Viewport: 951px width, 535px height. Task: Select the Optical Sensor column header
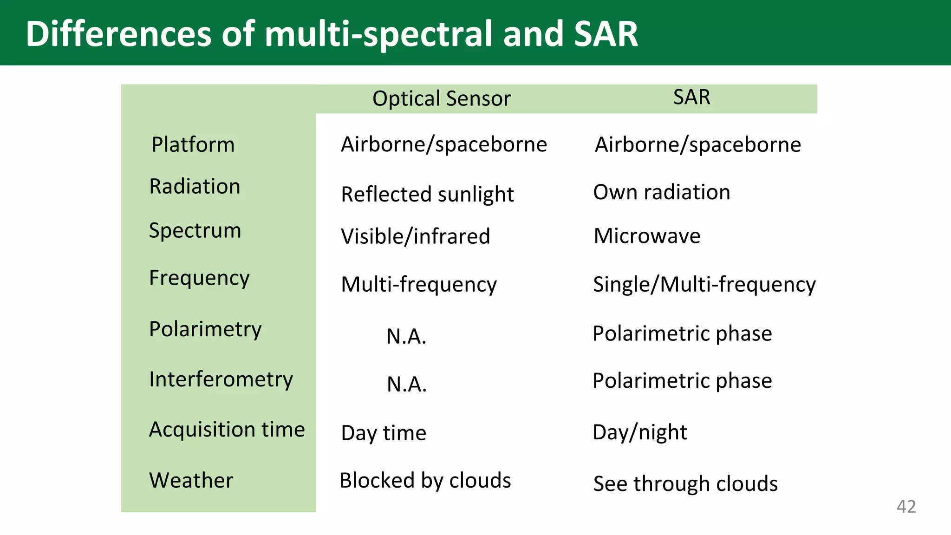[x=441, y=98]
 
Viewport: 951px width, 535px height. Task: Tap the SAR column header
[x=691, y=97]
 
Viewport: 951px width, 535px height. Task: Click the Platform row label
[x=193, y=144]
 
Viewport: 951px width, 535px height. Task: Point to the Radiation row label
[x=195, y=186]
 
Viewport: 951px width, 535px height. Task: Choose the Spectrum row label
[x=195, y=230]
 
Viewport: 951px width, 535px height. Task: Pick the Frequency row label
[x=199, y=278]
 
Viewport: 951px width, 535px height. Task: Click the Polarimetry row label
[x=205, y=329]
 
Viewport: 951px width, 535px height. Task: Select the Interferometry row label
[x=221, y=379]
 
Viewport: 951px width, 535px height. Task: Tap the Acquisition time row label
[x=227, y=429]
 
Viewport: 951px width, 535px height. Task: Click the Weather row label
[x=191, y=480]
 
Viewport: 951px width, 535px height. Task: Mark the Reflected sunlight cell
[x=427, y=194]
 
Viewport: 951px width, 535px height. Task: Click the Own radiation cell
[x=662, y=192]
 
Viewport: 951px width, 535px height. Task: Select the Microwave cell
[x=647, y=236]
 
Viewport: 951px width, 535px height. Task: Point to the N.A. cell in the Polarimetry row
[x=406, y=336]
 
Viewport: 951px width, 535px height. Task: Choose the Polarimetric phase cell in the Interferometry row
[x=682, y=381]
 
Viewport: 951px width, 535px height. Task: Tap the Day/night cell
[x=639, y=432]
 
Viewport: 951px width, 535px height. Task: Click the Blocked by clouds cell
[x=425, y=480]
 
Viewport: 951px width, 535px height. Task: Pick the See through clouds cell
[x=685, y=483]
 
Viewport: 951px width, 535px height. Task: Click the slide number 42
[x=906, y=506]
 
